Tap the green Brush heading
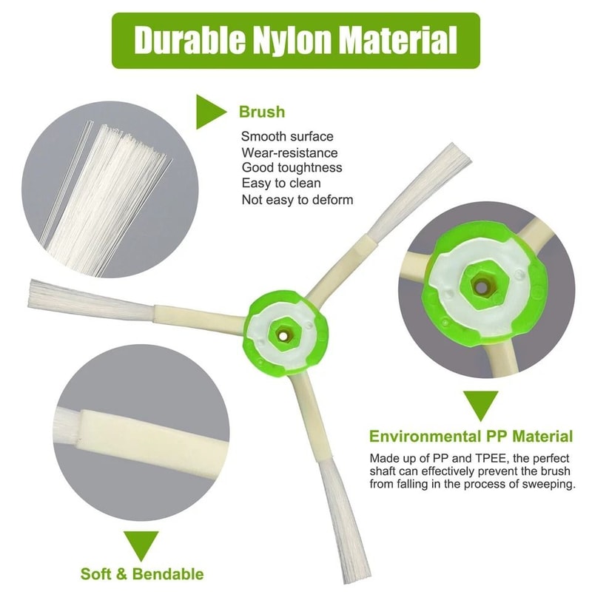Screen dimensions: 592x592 pyautogui.click(x=261, y=112)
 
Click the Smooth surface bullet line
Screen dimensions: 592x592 pyautogui.click(x=287, y=136)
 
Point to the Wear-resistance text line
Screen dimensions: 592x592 pyautogui.click(x=289, y=152)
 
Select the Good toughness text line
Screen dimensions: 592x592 pyautogui.click(x=291, y=168)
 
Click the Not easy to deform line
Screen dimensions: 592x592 pyautogui.click(x=297, y=200)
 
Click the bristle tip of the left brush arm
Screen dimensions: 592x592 pyautogui.click(x=35, y=295)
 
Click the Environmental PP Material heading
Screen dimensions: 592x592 pyautogui.click(x=471, y=436)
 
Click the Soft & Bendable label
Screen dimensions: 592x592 pyautogui.click(x=141, y=573)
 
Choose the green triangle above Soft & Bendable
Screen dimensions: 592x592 pyautogui.click(x=141, y=544)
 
